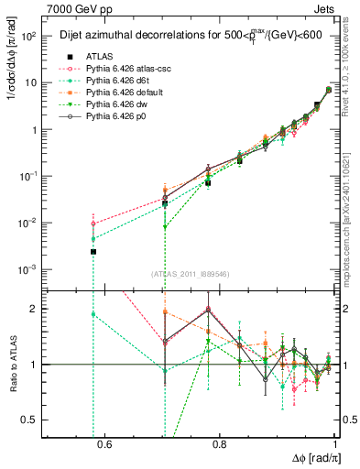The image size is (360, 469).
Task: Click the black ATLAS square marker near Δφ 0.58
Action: click(93, 251)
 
